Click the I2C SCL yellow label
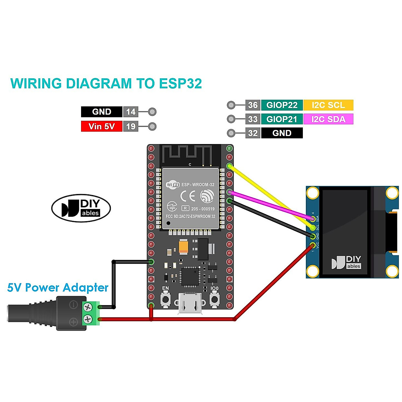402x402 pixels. pyautogui.click(x=328, y=105)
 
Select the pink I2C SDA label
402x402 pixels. pyautogui.click(x=328, y=119)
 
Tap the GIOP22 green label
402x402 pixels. pyautogui.click(x=282, y=105)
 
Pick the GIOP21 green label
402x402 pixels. pyautogui.click(x=282, y=119)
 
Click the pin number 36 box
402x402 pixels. pyautogui.click(x=253, y=105)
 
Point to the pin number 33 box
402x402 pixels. pyautogui.click(x=253, y=119)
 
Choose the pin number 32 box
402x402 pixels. pyautogui.click(x=253, y=133)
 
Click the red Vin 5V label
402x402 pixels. pyautogui.click(x=102, y=126)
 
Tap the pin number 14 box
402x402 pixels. pyautogui.click(x=131, y=112)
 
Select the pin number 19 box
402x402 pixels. pyautogui.click(x=131, y=126)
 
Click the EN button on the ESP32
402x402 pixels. pyautogui.click(x=165, y=298)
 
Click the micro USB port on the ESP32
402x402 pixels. pyautogui.click(x=190, y=303)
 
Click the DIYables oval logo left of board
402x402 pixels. pyautogui.click(x=81, y=208)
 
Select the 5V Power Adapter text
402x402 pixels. pyautogui.click(x=58, y=288)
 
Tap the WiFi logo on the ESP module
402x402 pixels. pyautogui.click(x=173, y=185)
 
